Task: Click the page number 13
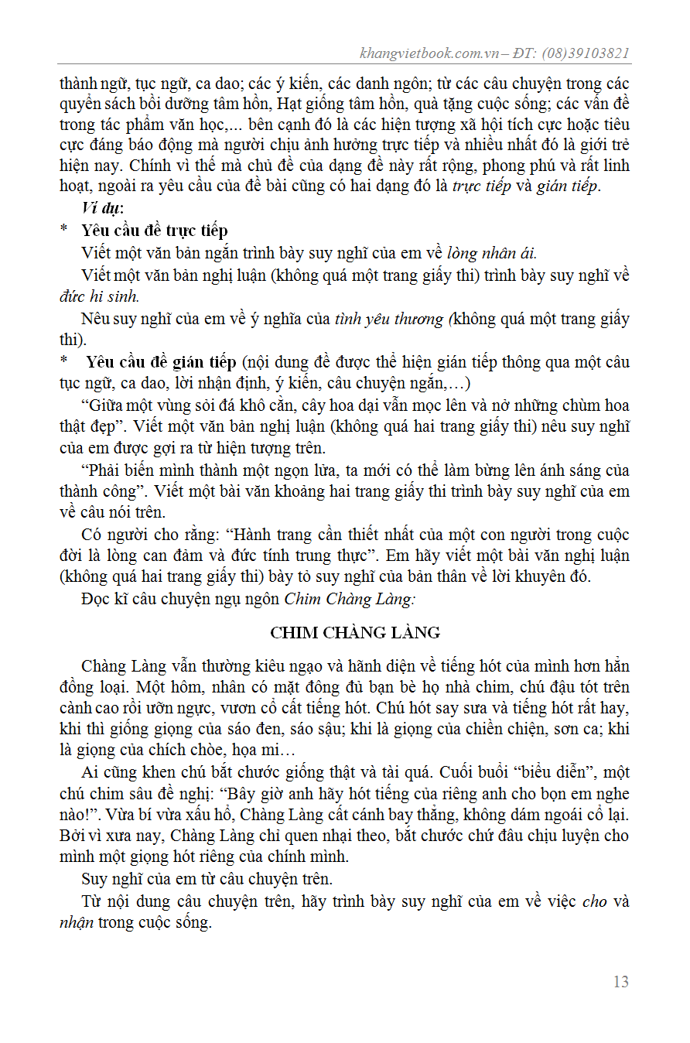click(x=620, y=982)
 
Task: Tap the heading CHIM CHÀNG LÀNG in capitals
click(x=355, y=633)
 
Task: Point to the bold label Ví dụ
click(x=102, y=208)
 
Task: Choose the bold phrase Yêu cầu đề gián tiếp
click(x=161, y=362)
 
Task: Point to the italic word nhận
click(x=76, y=923)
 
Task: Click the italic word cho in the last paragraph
click(x=594, y=901)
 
